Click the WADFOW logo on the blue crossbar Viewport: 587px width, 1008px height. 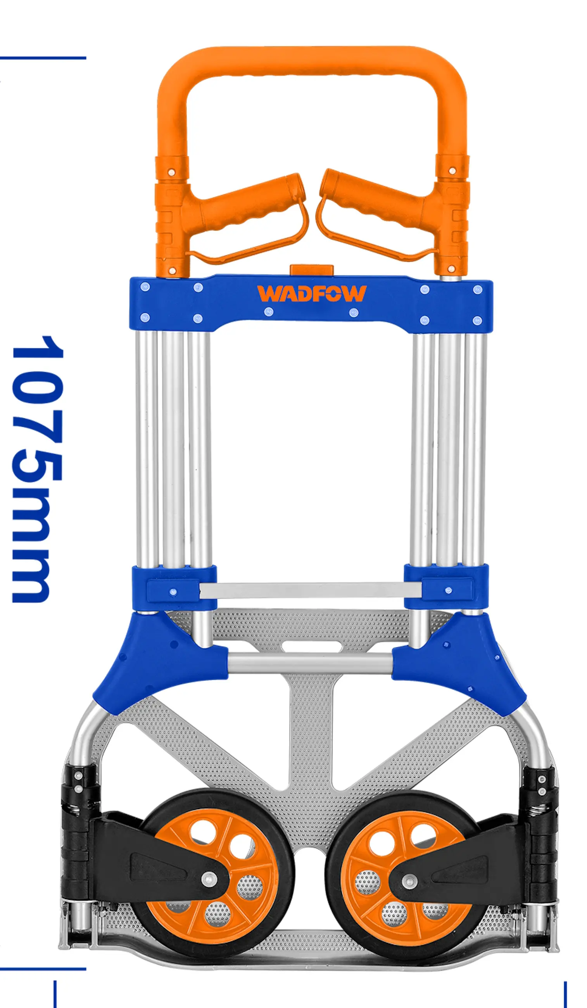click(x=312, y=293)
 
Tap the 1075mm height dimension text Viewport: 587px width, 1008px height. click(x=37, y=468)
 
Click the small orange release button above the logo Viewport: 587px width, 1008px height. click(x=312, y=269)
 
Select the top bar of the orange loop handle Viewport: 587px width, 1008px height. click(x=312, y=61)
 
